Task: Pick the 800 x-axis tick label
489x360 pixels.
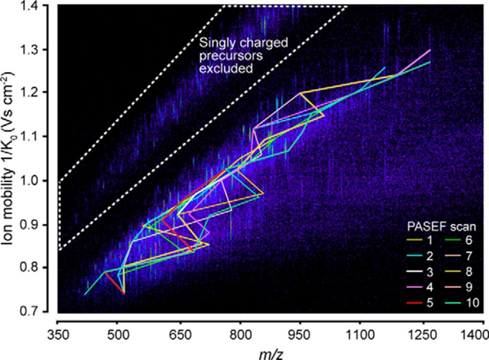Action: [241, 336]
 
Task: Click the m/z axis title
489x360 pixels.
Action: [271, 354]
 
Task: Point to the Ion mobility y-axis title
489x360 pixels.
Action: [9, 159]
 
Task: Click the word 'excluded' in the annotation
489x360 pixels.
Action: [226, 69]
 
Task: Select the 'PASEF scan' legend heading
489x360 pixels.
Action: [442, 227]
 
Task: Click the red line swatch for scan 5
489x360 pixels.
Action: [415, 303]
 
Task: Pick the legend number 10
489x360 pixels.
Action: [472, 303]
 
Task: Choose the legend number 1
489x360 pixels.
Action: [430, 241]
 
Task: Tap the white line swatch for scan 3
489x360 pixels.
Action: [415, 272]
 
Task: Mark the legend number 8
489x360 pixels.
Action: [469, 271]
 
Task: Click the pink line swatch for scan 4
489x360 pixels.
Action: [415, 287]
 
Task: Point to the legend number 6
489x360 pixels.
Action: [469, 241]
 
